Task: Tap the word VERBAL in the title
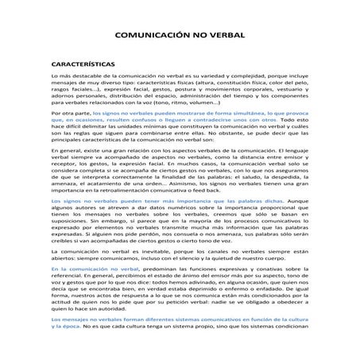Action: pos(226,36)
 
